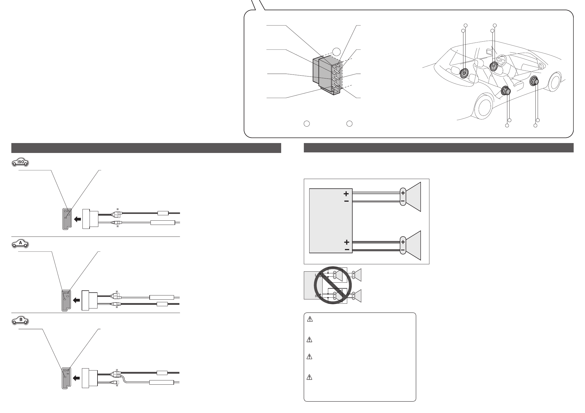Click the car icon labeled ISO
(20, 162)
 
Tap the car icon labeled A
(20, 244)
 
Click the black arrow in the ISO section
(77, 219)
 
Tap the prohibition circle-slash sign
(332, 285)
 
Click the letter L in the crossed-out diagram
(316, 275)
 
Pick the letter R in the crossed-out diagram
(316, 297)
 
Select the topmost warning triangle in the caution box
(310, 319)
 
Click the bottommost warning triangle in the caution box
(310, 377)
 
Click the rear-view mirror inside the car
(489, 52)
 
